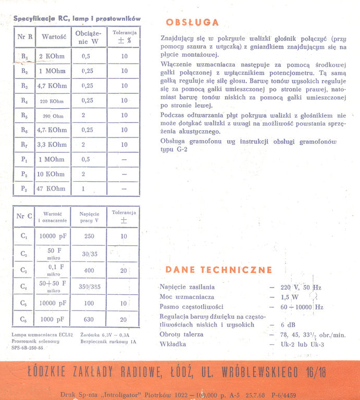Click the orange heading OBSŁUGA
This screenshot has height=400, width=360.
coord(192,22)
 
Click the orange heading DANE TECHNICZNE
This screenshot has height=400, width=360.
coord(219,270)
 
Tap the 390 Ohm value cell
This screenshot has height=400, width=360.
coord(53,116)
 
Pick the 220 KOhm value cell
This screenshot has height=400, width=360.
coord(52,101)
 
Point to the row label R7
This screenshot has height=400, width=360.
coord(24,145)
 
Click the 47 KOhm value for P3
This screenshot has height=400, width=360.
coord(51,189)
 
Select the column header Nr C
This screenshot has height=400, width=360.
coord(24,216)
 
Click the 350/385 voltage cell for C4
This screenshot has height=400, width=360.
coord(89,286)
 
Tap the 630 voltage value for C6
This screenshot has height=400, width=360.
coord(89,319)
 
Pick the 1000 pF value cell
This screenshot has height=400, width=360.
coord(53,319)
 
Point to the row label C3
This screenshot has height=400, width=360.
coord(24,270)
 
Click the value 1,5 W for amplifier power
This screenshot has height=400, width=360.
coord(289,297)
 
